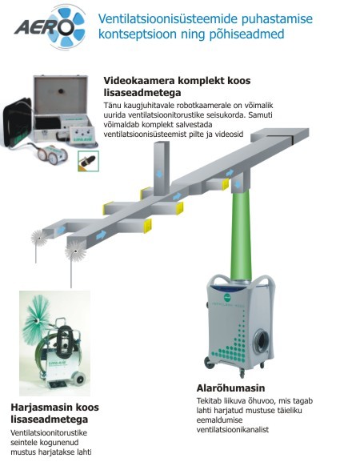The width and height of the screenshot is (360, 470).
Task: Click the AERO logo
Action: point(50,26)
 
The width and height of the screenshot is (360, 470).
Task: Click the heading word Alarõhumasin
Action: point(230,388)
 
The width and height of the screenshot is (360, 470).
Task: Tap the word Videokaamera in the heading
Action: point(138,80)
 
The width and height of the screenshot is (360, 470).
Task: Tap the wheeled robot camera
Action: point(52,154)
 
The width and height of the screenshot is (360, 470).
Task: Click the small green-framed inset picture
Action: point(88,161)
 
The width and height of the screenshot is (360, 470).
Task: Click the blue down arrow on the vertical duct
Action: point(159,174)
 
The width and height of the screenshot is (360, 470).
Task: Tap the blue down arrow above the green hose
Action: point(238,184)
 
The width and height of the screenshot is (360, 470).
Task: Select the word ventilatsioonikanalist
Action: point(233,429)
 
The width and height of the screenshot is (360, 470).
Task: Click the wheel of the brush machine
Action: point(80,379)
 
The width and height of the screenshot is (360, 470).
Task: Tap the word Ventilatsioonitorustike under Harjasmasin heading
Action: point(49,433)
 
